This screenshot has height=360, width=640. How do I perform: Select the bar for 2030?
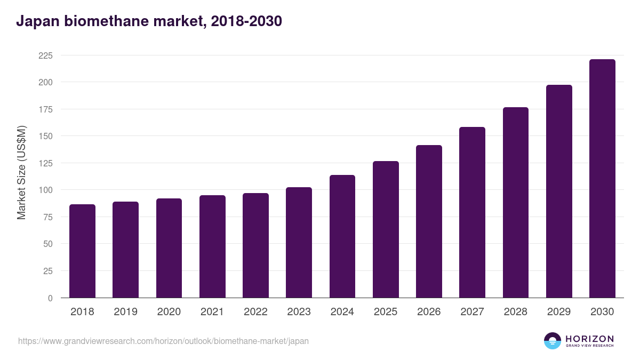(x=602, y=179)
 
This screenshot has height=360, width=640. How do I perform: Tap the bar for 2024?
(x=342, y=236)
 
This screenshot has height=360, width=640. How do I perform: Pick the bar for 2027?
(x=472, y=212)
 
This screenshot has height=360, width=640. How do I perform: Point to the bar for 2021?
(x=212, y=246)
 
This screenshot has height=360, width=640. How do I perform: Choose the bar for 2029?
(x=559, y=191)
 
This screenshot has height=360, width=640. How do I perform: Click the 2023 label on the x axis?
(x=299, y=312)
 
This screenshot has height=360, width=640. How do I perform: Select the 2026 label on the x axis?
(x=429, y=312)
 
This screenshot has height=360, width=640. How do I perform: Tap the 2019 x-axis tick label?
(x=125, y=312)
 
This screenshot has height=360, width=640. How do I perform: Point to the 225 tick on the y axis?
(x=46, y=55)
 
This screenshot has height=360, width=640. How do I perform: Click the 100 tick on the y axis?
(x=46, y=190)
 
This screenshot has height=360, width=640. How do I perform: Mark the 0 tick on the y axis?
(x=50, y=298)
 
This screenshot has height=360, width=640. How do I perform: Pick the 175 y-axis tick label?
(x=46, y=109)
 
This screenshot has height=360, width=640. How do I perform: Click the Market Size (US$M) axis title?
(x=21, y=172)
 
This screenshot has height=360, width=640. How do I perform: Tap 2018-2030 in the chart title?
(x=246, y=21)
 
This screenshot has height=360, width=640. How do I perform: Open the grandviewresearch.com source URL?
(x=163, y=341)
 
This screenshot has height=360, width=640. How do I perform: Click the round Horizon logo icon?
(x=553, y=341)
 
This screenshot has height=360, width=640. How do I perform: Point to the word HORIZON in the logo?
(x=589, y=339)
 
